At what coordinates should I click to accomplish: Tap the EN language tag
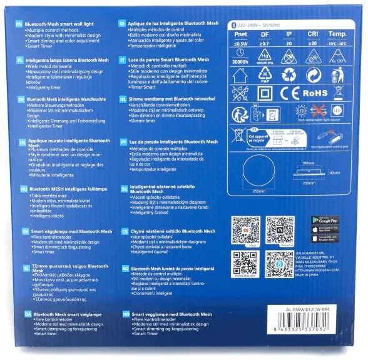(x=19, y=21)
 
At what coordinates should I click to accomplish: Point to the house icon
(x=240, y=75)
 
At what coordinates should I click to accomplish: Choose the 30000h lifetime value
(x=240, y=62)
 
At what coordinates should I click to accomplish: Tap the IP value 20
(x=287, y=44)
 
